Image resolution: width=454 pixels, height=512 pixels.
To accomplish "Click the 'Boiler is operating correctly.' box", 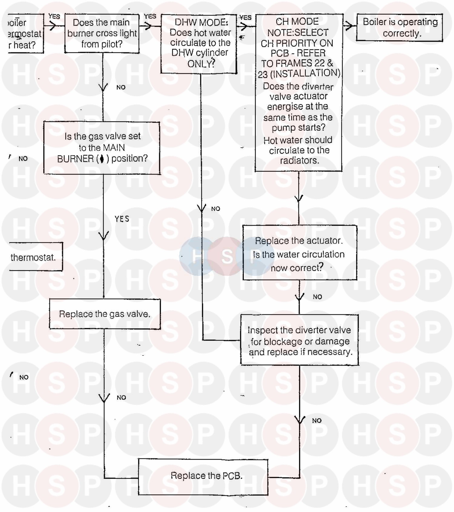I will coord(400,27).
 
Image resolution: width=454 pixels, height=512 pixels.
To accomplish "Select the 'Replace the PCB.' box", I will coord(203,477).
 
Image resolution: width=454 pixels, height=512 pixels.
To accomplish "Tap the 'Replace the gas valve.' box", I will coord(105,314).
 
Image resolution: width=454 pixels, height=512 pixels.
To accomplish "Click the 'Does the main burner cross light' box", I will coord(102,33).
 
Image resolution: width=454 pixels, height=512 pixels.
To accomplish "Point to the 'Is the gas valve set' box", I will coord(102,148).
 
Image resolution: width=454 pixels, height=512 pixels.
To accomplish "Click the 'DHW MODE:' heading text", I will coord(201,22).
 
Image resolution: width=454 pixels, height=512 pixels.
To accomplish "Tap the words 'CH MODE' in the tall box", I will coord(297,21).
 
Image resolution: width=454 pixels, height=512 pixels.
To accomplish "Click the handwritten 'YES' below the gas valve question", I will coord(122,219).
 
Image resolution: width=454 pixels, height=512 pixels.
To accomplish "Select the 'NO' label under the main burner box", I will coord(121,87).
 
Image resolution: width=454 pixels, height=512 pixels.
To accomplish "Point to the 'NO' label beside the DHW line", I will coord(215,209).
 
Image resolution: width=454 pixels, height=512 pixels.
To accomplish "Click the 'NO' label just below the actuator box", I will coord(317,297).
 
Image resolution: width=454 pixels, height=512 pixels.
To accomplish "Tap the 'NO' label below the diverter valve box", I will coord(317,421).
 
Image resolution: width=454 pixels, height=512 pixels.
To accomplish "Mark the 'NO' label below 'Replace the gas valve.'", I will coord(121,398).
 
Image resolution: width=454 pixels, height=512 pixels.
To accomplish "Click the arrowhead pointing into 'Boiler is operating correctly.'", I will coord(349,26).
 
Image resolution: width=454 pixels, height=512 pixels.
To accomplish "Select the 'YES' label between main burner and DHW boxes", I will coord(150,16).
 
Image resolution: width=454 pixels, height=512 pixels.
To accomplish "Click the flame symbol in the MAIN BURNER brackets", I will coord(102,159).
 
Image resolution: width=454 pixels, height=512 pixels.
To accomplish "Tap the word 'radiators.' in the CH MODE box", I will coord(299,160).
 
